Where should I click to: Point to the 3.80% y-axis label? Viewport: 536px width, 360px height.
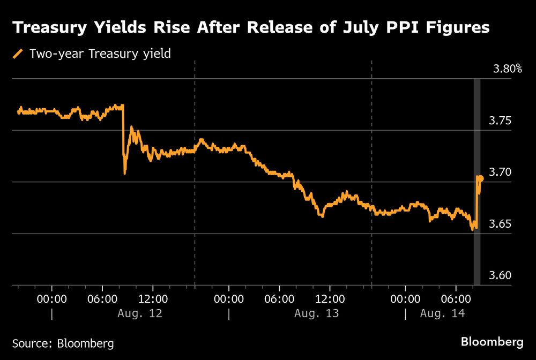pyautogui.click(x=507, y=69)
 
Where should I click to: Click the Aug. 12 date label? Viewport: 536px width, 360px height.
pyautogui.click(x=139, y=313)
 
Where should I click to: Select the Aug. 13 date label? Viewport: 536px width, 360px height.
pyautogui.click(x=316, y=313)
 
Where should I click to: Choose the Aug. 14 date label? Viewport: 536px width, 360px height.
pyautogui.click(x=442, y=313)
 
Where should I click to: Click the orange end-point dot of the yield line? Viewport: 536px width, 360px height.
pyautogui.click(x=481, y=178)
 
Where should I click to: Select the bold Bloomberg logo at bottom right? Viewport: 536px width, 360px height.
pyautogui.click(x=492, y=341)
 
